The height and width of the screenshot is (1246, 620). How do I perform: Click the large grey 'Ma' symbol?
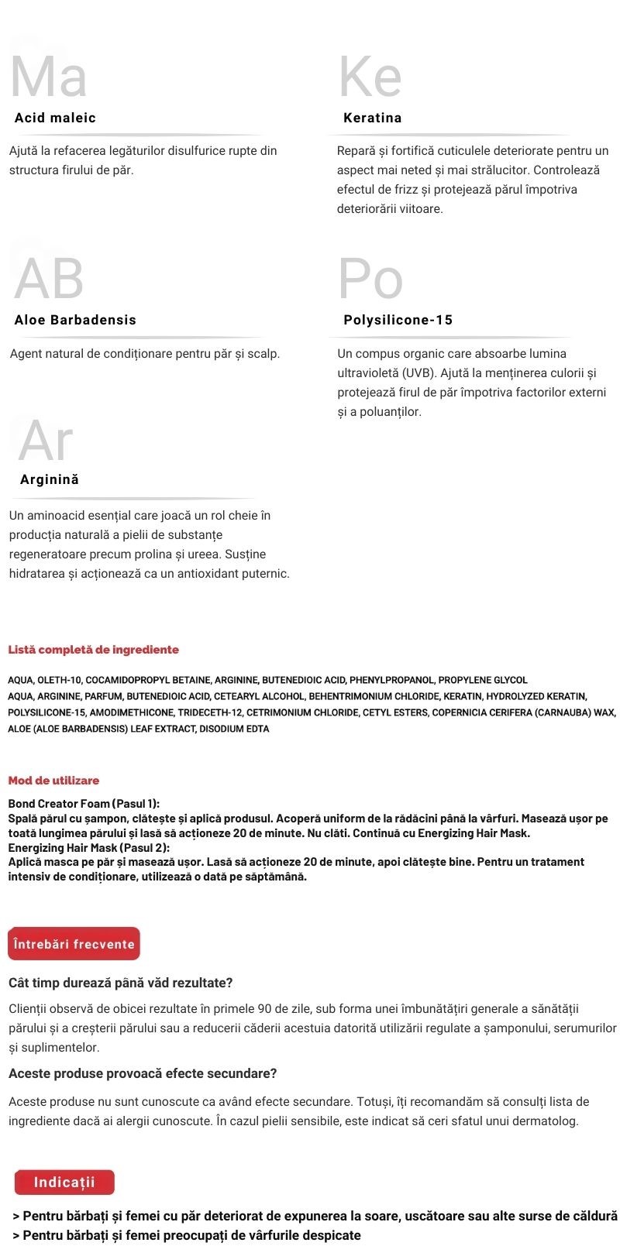(x=48, y=77)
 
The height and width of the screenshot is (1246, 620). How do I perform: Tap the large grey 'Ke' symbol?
(x=370, y=77)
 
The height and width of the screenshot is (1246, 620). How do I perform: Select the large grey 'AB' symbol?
(x=49, y=278)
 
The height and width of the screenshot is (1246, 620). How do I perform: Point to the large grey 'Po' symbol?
(x=370, y=278)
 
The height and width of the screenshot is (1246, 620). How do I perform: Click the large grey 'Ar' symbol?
(x=46, y=440)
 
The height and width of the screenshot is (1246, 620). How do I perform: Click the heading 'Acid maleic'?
(x=55, y=118)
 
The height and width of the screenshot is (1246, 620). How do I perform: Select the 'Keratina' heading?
(x=372, y=118)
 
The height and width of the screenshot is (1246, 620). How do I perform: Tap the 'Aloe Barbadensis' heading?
(x=75, y=320)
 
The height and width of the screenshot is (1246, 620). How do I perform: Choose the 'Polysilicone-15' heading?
(x=398, y=320)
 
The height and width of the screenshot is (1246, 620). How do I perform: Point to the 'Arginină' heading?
(x=50, y=479)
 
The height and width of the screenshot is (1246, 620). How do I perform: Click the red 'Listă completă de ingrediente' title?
(x=93, y=650)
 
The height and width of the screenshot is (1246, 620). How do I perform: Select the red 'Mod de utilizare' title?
(x=53, y=781)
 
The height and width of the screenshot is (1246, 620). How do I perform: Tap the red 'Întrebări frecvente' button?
(x=74, y=944)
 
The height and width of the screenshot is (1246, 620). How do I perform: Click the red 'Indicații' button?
(x=64, y=1182)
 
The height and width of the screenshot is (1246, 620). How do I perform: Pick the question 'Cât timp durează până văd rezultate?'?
(x=120, y=983)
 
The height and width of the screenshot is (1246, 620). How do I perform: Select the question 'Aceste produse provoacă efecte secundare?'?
(x=143, y=1073)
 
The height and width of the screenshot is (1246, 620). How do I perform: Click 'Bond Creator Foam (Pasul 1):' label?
(x=84, y=804)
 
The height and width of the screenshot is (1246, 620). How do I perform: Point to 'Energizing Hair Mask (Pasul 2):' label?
(x=88, y=848)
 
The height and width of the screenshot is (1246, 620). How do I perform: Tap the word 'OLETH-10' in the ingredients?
(x=59, y=680)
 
